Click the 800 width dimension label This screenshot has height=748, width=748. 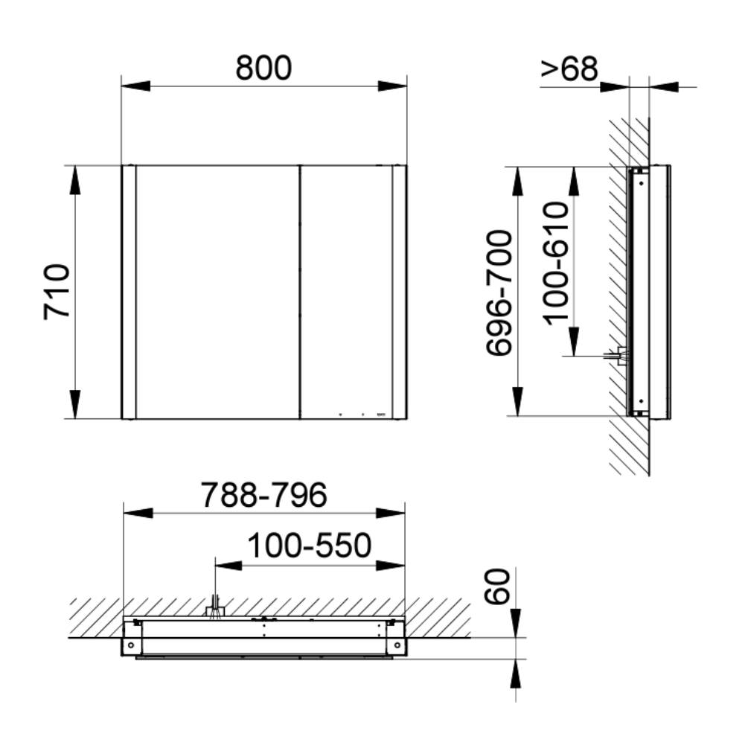[x=263, y=68]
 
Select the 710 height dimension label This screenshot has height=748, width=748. [x=57, y=292]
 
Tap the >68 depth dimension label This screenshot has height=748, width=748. [x=569, y=68]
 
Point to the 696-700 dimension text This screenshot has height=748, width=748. [x=499, y=293]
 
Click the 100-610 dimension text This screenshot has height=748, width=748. [x=556, y=263]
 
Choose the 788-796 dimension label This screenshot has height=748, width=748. [x=263, y=495]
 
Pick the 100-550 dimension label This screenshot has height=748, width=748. [x=309, y=546]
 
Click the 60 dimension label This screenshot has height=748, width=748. [x=497, y=586]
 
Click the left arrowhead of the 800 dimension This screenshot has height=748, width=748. [x=136, y=86]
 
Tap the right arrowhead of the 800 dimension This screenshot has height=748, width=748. [x=392, y=86]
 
